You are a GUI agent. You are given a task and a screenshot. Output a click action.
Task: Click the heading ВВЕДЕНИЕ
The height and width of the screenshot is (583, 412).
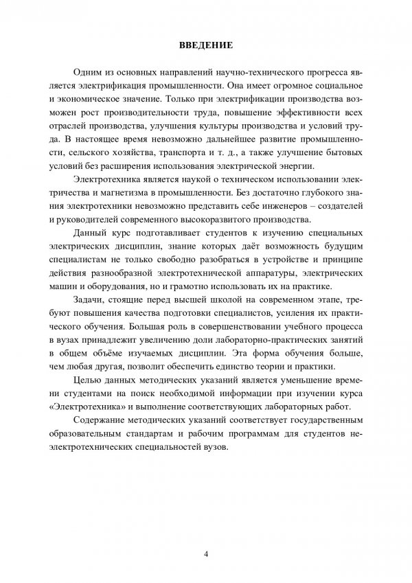coord(205,46)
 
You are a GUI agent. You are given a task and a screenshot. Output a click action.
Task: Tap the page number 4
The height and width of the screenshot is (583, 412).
coord(206,554)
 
